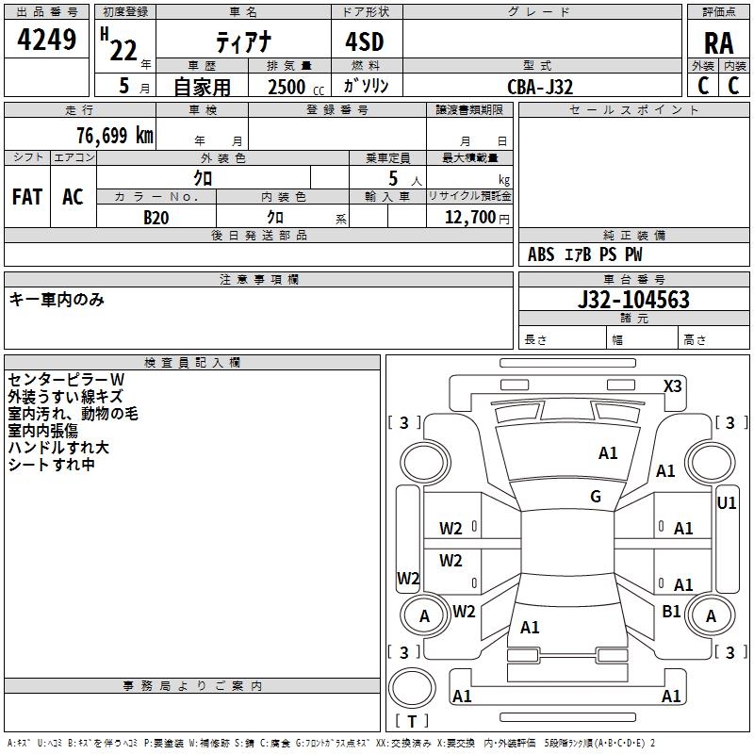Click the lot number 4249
[47, 41]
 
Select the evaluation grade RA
[718, 43]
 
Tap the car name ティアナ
[241, 41]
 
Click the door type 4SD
[366, 41]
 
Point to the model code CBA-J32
[540, 87]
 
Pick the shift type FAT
[27, 197]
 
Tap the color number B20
[156, 218]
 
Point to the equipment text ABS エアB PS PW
[585, 254]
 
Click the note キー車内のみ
[57, 300]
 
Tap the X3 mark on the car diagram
[673, 385]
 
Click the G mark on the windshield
[596, 497]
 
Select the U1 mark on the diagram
[727, 503]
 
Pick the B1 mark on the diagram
[671, 612]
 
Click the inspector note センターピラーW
[66, 379]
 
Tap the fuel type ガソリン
[366, 86]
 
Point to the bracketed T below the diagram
[412, 721]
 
